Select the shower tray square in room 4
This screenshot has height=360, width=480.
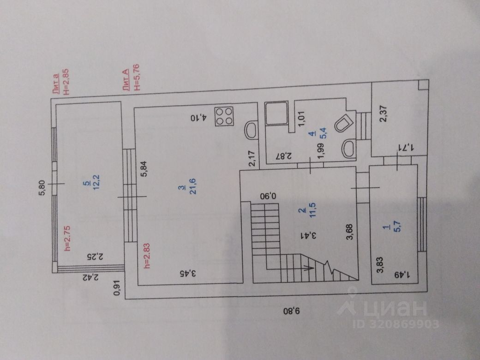click(x=276, y=113)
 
